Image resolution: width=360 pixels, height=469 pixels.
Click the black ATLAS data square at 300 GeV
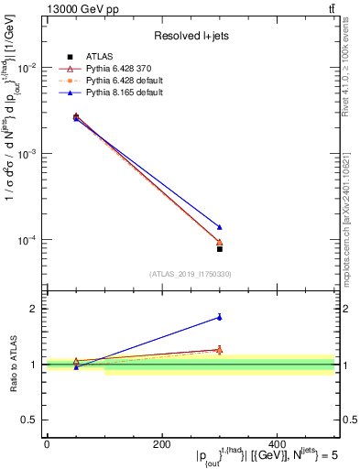click(220, 248)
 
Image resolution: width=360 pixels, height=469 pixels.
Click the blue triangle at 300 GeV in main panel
click(220, 227)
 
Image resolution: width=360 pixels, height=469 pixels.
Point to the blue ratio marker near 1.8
click(220, 317)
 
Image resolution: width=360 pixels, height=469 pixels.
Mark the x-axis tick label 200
click(162, 444)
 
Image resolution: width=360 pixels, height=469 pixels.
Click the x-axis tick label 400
click(277, 444)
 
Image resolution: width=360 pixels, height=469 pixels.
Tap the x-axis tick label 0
click(47, 444)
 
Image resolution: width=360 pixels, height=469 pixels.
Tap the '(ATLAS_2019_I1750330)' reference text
click(190, 274)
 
